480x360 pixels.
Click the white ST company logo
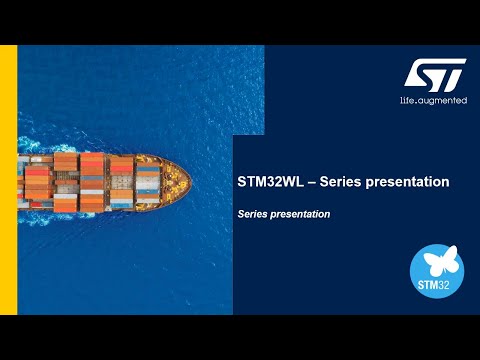[x=435, y=73]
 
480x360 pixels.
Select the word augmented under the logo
[x=444, y=101]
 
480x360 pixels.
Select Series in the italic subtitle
[x=255, y=214]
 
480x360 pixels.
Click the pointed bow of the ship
[x=187, y=182]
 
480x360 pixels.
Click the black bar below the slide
[x=240, y=337]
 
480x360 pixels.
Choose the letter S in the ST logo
[x=422, y=74]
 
